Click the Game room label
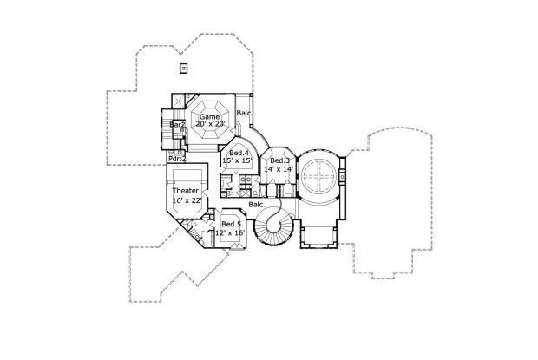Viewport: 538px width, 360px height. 210,116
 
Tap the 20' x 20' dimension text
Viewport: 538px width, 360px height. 210,125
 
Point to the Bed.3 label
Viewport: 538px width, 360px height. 279,160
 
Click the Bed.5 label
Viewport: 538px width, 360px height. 230,224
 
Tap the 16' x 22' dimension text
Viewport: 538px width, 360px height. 187,200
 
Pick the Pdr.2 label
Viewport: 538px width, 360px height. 177,159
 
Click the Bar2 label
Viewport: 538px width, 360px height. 178,125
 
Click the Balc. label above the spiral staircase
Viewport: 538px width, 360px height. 256,205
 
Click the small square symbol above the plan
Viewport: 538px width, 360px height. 182,68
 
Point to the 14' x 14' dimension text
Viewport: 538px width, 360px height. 281,169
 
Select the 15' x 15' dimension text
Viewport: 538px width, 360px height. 238,161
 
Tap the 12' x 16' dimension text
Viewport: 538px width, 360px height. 232,232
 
